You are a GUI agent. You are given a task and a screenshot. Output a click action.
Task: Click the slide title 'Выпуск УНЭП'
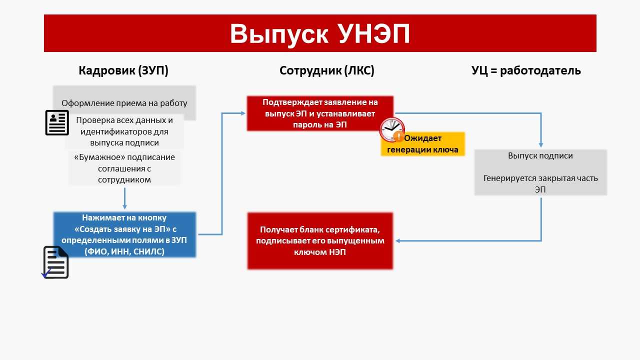[320, 33]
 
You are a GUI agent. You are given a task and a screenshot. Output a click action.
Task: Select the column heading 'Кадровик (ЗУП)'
[123, 71]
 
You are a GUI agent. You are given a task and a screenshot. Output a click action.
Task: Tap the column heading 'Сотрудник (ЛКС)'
[327, 71]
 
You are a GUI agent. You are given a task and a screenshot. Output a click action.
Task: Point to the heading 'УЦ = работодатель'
[526, 71]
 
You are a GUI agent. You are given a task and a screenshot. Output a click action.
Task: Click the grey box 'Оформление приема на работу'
[124, 103]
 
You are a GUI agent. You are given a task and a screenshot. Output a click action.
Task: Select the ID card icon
[57, 122]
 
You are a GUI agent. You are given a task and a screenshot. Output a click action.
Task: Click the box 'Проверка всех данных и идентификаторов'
[124, 132]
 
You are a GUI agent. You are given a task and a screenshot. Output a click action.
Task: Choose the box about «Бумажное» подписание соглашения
[124, 168]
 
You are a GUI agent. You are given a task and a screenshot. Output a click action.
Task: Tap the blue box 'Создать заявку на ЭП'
[124, 234]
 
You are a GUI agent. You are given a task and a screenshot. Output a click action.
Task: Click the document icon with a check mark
[55, 262]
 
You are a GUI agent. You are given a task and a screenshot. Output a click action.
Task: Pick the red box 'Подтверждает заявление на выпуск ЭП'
[320, 113]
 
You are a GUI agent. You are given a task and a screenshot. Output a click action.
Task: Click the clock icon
[391, 130]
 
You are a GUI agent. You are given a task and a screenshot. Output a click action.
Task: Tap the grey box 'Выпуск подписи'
[540, 172]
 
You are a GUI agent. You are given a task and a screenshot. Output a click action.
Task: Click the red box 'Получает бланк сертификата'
[320, 241]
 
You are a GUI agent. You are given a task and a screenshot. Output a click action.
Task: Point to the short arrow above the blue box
[124, 198]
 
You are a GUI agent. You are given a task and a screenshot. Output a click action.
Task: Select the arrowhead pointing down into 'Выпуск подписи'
[541, 144]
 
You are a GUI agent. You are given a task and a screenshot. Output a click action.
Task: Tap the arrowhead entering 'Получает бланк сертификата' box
[397, 241]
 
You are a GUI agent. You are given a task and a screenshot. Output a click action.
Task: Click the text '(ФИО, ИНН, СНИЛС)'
[124, 251]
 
